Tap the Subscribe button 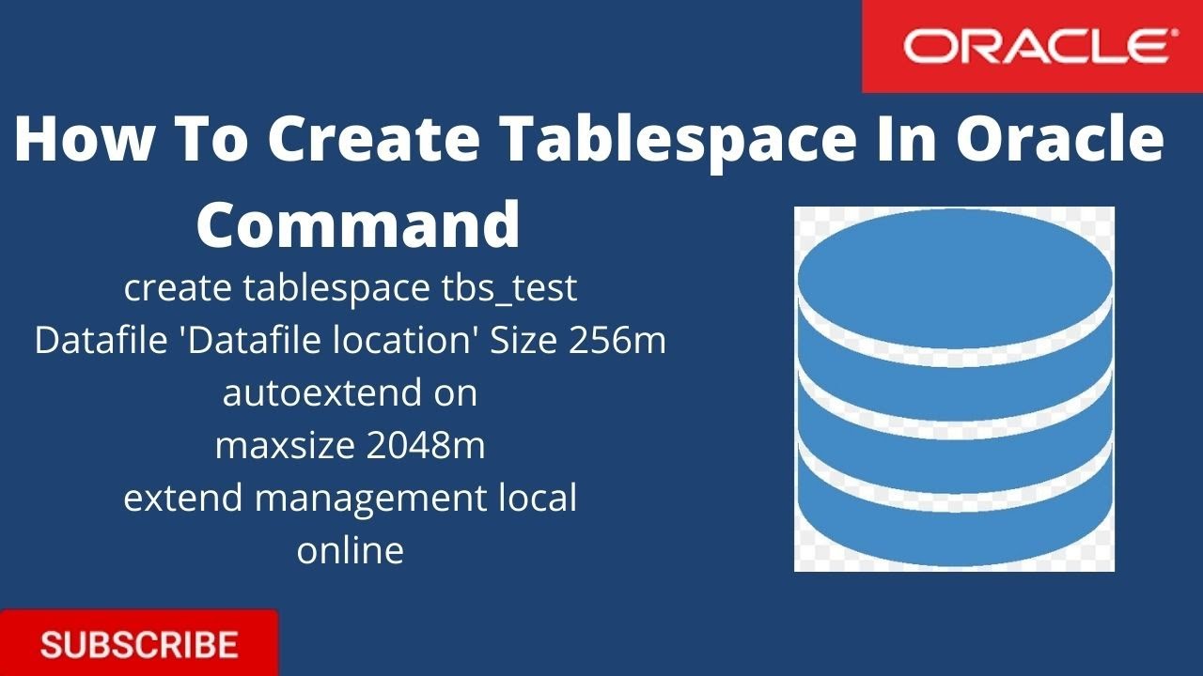click(139, 645)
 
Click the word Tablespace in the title click(676, 138)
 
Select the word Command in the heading click(358, 224)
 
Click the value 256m click(617, 341)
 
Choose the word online click(351, 550)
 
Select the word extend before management click(184, 498)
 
